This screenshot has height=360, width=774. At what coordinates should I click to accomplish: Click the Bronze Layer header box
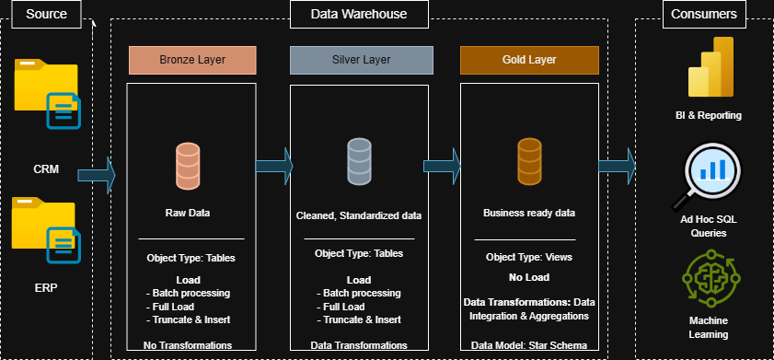[191, 60]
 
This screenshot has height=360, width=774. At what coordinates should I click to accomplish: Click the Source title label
[46, 14]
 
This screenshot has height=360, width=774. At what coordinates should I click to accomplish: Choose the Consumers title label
[703, 14]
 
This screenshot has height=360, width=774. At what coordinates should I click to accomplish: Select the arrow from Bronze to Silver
[271, 165]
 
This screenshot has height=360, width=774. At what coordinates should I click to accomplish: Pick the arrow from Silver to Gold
[442, 165]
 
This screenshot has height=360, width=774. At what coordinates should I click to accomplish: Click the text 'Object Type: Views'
[528, 258]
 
